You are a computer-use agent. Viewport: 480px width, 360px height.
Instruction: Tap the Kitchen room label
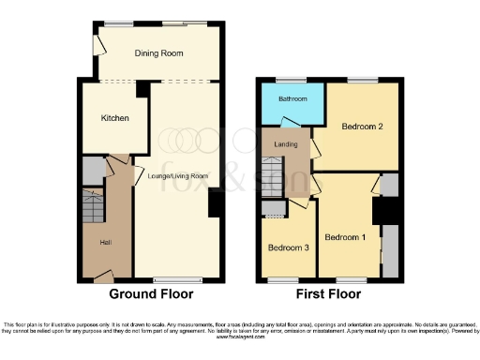coord(114,118)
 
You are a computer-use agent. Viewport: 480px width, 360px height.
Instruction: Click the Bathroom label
coord(292,97)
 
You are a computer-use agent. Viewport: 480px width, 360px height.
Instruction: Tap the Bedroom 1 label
coord(346,237)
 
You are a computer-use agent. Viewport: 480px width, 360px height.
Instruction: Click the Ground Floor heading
coord(152,293)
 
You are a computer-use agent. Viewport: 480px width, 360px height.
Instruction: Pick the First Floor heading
coord(328,293)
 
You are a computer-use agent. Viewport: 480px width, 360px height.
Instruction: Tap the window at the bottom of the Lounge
coord(178,279)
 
